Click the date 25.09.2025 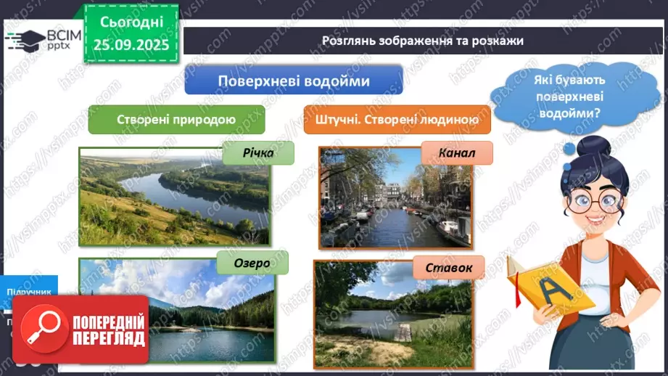131,44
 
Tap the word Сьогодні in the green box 131,23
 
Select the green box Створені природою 176,120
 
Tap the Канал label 456,153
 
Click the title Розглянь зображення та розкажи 422,41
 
